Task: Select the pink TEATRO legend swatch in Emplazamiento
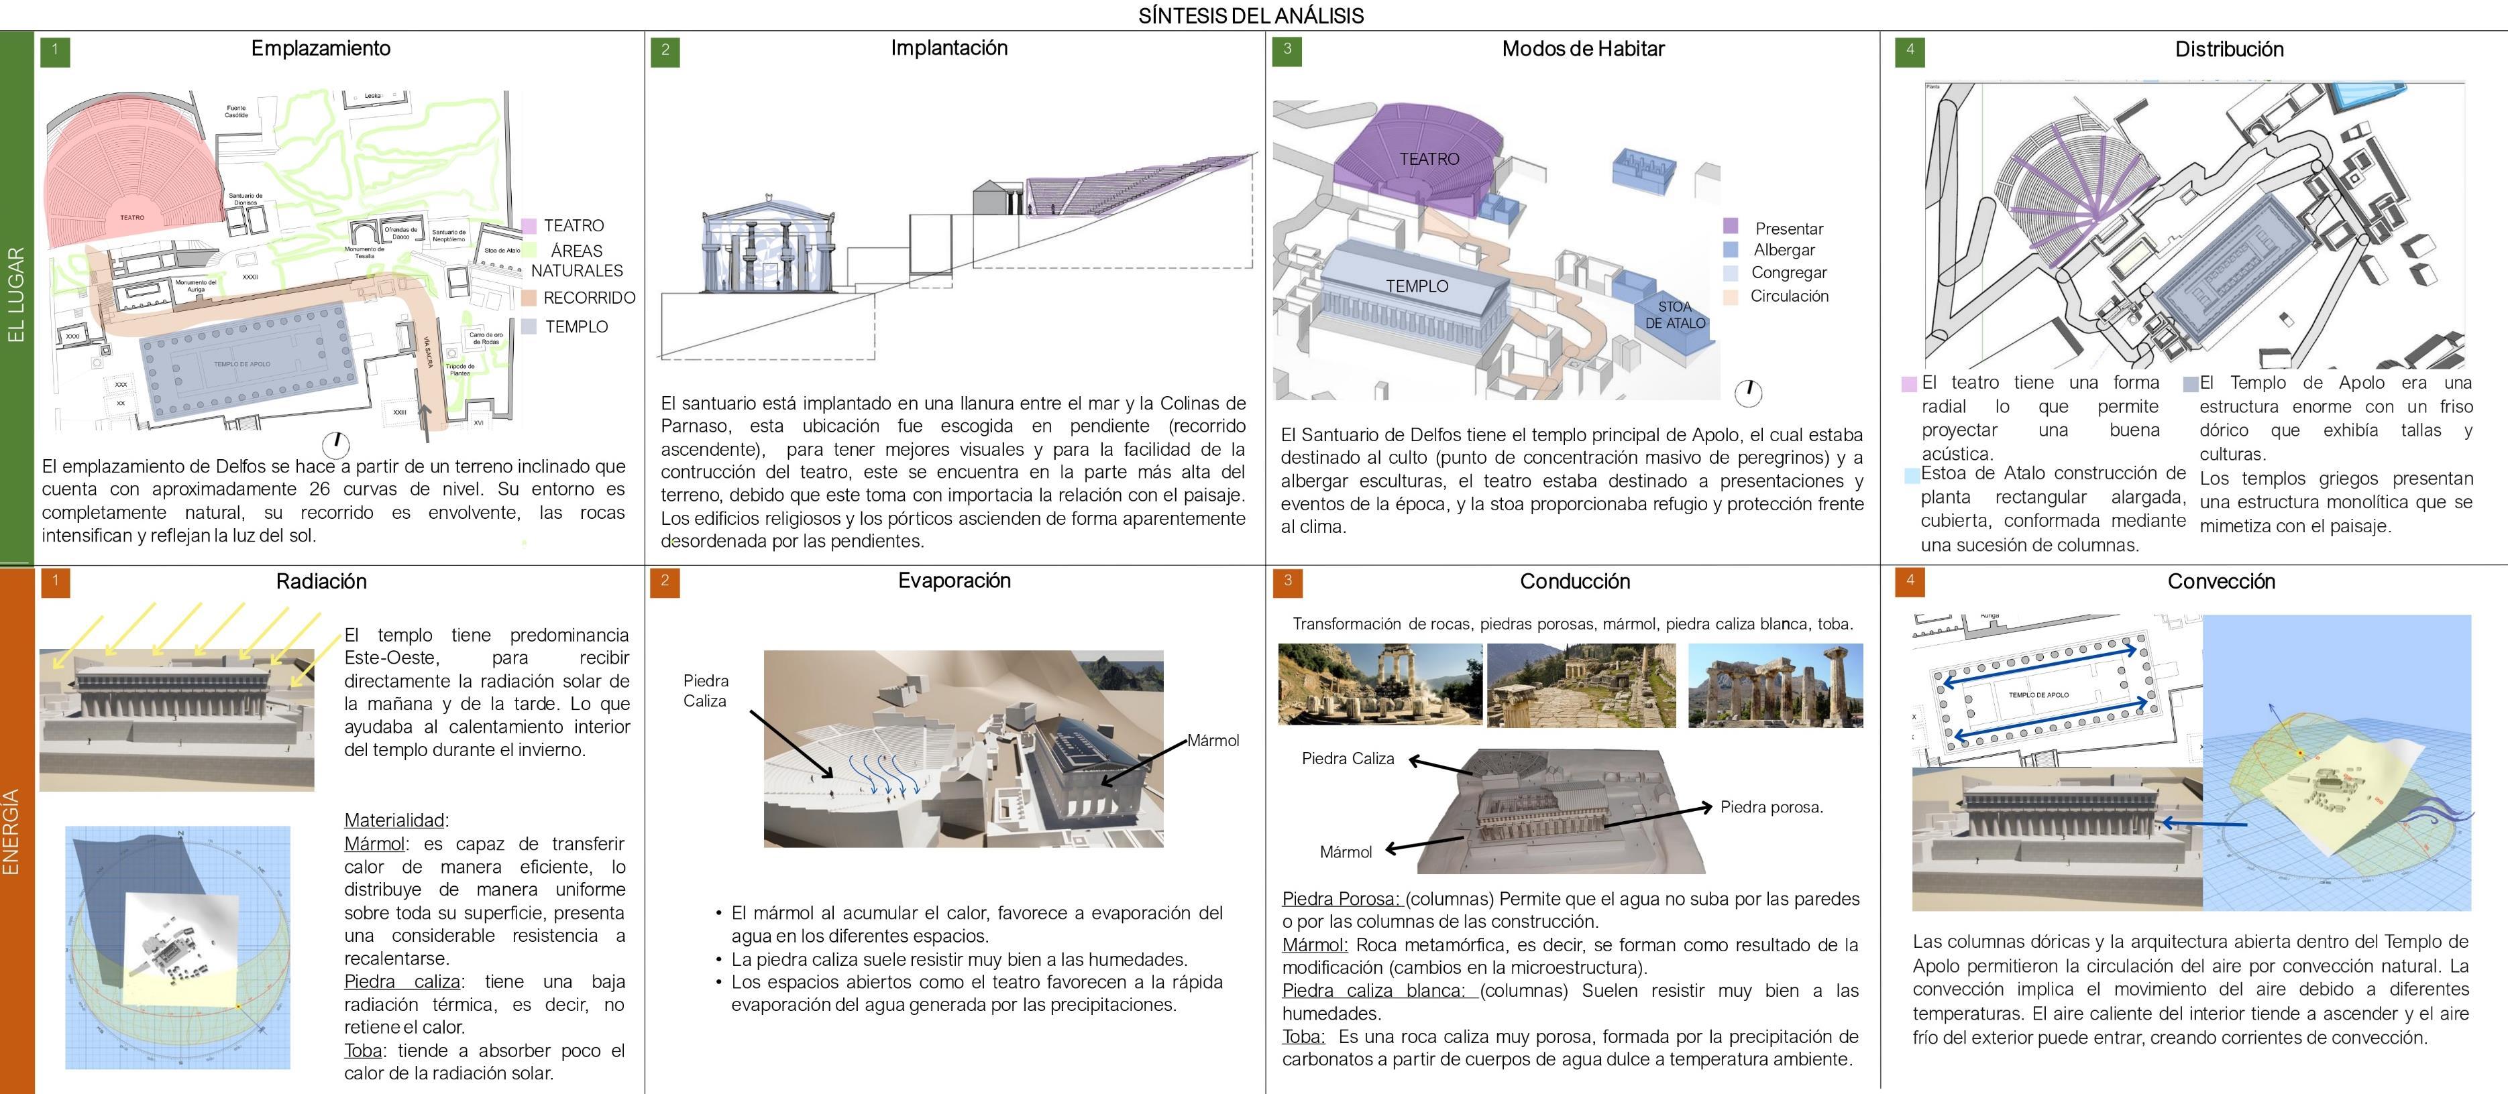click(529, 226)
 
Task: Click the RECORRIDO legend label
click(588, 298)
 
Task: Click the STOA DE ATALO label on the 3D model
click(1675, 314)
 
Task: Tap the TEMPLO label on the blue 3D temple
click(1417, 286)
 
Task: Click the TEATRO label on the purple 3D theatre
click(1429, 159)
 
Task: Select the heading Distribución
click(2228, 50)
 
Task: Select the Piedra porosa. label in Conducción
click(1771, 807)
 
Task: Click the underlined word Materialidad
click(394, 820)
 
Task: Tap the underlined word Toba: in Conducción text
click(1303, 1036)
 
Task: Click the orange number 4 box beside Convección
click(1909, 582)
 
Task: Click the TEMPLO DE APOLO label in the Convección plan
click(2038, 695)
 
